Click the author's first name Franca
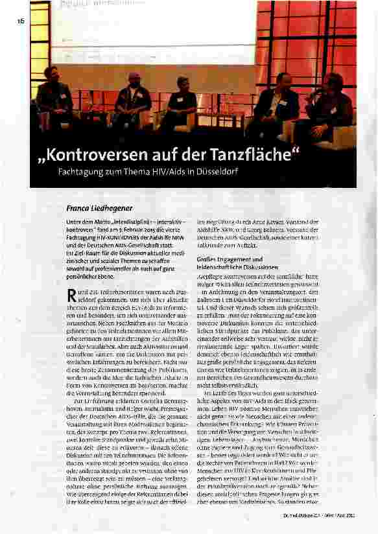tap(79, 209)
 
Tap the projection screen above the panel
tap(156, 32)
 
